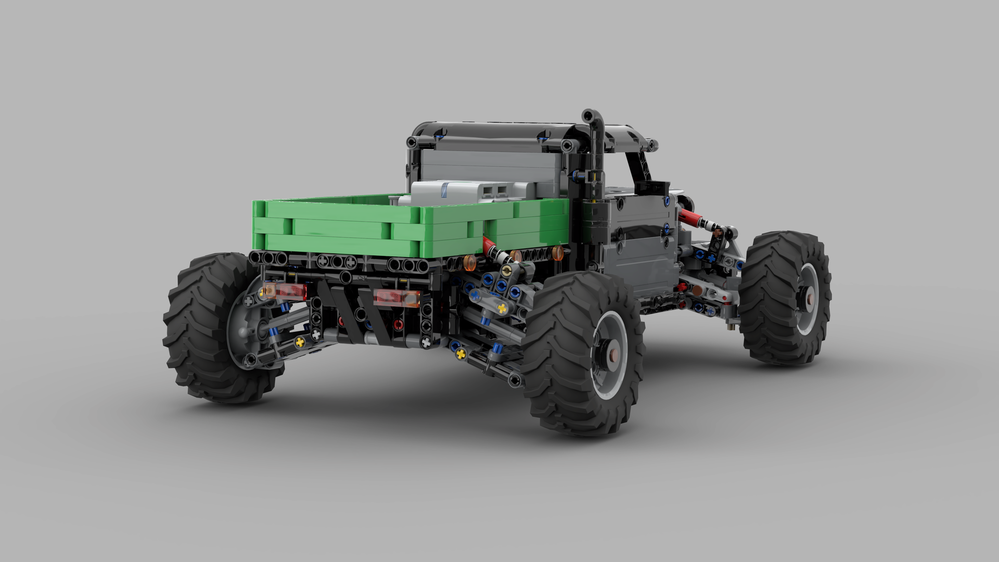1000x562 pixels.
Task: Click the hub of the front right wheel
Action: tap(808, 297)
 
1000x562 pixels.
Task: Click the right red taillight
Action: tap(396, 298)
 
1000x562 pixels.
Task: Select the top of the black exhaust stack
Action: tap(592, 117)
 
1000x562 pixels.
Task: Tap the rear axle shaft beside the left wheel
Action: tap(280, 330)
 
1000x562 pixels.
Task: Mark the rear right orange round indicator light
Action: tap(469, 263)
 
